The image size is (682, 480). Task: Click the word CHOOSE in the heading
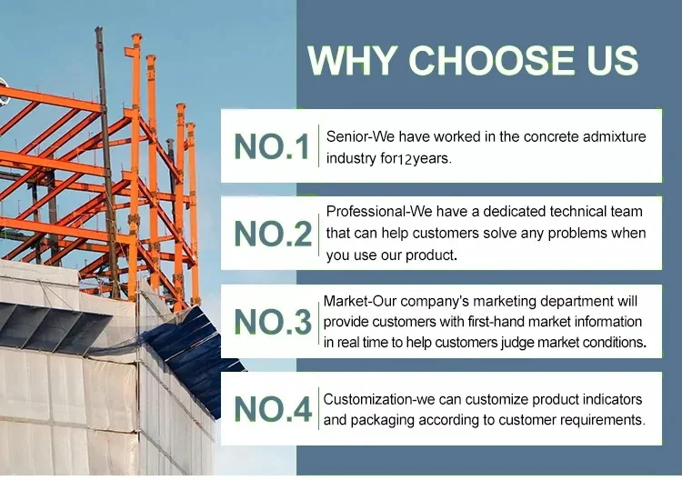[491, 60]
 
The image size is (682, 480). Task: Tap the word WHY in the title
[352, 60]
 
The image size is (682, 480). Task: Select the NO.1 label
[272, 146]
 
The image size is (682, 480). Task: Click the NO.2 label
[273, 234]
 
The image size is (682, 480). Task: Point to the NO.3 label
[273, 322]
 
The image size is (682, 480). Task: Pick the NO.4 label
[273, 409]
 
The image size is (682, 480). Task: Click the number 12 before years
[405, 160]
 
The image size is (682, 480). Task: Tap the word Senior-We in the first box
[361, 136]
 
